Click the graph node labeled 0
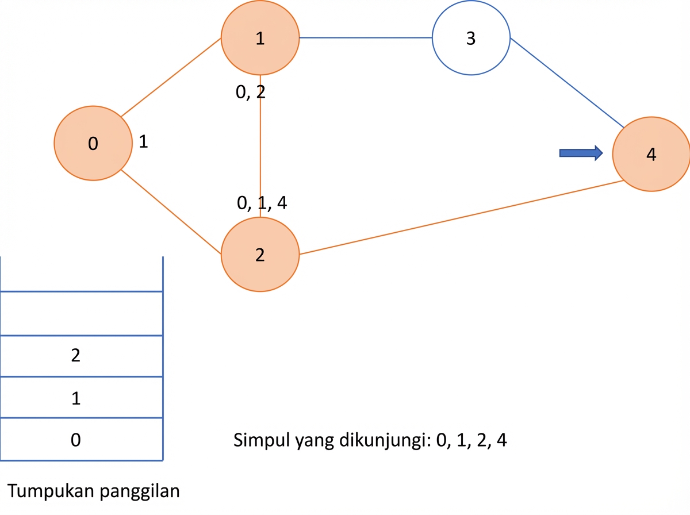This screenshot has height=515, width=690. tap(93, 143)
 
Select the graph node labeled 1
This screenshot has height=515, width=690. tap(260, 38)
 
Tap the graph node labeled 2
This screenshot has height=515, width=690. tap(260, 255)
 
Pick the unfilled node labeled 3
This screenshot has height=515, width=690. tap(471, 38)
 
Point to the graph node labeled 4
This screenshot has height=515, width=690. tap(651, 154)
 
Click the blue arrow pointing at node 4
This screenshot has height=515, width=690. tap(581, 153)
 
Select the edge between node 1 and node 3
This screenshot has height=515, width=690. tap(366, 38)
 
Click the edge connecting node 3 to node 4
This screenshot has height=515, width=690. tap(567, 83)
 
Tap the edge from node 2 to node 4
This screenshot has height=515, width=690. tap(462, 217)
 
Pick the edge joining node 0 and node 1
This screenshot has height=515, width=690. tap(171, 78)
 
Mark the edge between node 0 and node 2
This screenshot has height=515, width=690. tap(171, 212)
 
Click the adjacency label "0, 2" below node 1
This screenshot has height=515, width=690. tap(251, 92)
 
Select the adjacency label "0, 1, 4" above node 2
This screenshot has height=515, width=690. tap(262, 203)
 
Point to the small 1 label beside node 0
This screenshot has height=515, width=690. tap(143, 141)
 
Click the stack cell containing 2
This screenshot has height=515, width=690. tap(82, 356)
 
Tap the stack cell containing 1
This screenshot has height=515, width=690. tap(82, 397)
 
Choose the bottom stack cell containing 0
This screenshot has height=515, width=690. tap(82, 439)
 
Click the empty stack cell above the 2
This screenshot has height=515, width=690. tap(82, 314)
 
